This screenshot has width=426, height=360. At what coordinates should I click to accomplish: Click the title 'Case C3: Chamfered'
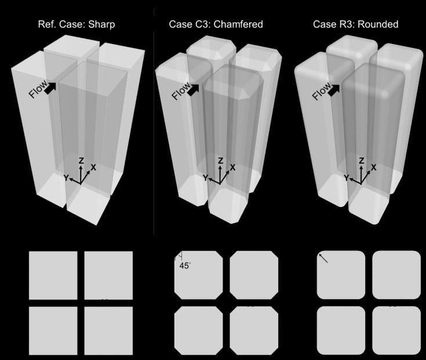216,24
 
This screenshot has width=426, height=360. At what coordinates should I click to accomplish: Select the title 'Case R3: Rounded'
355,24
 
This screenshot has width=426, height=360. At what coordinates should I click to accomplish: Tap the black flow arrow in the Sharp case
50,88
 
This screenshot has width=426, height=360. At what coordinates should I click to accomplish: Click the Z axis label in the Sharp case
81,161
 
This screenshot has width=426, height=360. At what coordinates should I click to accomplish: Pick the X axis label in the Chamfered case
232,167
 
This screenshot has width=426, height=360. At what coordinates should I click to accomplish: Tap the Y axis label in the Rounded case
347,178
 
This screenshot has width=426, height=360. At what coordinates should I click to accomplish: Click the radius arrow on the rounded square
323,258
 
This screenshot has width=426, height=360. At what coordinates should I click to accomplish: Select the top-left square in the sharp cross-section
53,275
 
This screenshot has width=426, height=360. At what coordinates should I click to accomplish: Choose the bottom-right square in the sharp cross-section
108,330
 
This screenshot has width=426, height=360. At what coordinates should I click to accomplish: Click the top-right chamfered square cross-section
254,275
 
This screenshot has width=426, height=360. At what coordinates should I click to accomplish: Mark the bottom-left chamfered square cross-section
198,330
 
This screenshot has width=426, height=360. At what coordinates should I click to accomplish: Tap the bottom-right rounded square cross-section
396,330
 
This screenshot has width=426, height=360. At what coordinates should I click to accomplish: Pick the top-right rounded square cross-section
396,275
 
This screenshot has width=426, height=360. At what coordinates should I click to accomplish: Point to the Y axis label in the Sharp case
67,177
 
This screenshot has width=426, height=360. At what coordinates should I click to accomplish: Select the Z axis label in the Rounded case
362,161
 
